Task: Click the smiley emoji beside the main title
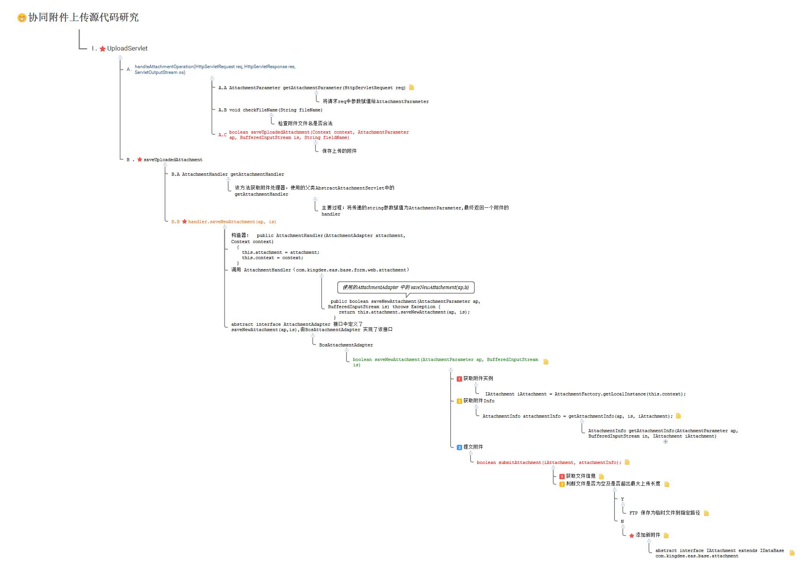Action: [x=22, y=18]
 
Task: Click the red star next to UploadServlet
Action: [x=103, y=49]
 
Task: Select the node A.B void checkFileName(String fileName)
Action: [x=270, y=110]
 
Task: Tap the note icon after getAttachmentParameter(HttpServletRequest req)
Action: [x=412, y=88]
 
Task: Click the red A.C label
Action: [x=222, y=135]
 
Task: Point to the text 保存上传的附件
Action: [x=339, y=151]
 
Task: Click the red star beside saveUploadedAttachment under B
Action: [x=140, y=160]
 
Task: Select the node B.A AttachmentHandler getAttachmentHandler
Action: [x=227, y=175]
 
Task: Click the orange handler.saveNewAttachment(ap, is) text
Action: [x=232, y=222]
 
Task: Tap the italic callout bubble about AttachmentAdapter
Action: [x=405, y=287]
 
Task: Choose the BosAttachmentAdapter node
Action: [x=346, y=345]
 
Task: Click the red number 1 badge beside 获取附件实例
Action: [x=459, y=379]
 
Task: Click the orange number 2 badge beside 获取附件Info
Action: [x=459, y=401]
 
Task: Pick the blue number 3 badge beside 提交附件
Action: [x=459, y=447]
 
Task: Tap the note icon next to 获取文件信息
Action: [x=601, y=477]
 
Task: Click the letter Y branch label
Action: [x=622, y=499]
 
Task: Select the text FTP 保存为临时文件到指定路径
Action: [x=664, y=513]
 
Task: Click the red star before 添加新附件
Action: [x=632, y=536]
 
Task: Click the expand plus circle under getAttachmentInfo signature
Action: [x=665, y=442]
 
